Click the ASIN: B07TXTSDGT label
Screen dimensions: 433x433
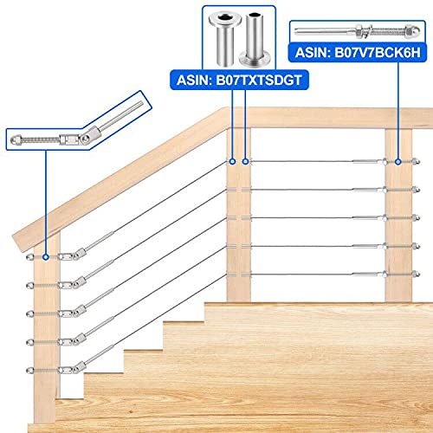[239, 80]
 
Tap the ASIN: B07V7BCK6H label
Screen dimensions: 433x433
[358, 53]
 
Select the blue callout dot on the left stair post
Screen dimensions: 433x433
[46, 257]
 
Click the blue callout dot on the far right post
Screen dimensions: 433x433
[398, 162]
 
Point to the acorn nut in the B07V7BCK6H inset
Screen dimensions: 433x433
[414, 32]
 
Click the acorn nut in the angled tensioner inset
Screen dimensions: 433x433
[16, 140]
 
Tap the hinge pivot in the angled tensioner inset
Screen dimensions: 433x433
[85, 139]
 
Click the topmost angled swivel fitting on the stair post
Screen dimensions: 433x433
[80, 253]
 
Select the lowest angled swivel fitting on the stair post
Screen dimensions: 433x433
[80, 367]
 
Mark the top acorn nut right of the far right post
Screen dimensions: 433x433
[416, 162]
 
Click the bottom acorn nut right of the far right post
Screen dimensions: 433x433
[416, 274]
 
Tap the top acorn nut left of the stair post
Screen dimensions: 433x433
[30, 257]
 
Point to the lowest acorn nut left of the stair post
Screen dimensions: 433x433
[30, 370]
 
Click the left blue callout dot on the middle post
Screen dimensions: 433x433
[232, 162]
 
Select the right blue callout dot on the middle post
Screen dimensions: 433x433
[245, 162]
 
